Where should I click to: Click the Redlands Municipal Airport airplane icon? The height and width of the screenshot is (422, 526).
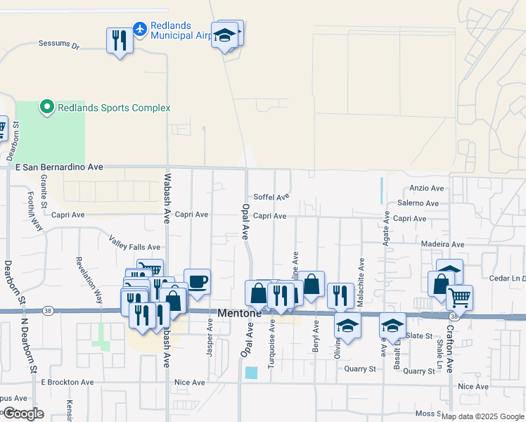139,29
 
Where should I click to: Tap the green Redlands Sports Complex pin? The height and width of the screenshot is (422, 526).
47,108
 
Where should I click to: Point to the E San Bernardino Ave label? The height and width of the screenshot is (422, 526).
59,167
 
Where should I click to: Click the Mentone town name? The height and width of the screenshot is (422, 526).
240,313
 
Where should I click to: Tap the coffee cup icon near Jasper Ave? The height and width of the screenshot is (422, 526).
197,281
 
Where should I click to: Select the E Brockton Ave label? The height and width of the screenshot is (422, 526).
67,383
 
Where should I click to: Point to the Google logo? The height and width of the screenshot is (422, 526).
23,414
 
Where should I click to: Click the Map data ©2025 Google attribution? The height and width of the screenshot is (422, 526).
482,416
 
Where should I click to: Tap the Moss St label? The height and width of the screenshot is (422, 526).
427,414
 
